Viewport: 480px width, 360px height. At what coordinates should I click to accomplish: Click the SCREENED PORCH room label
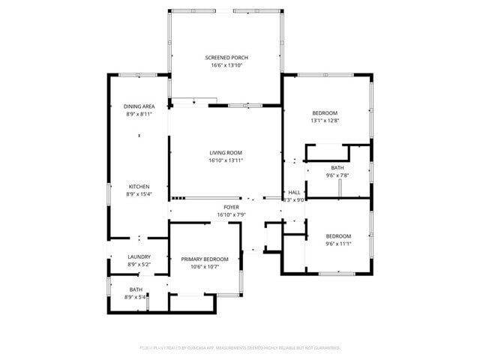coord(226,58)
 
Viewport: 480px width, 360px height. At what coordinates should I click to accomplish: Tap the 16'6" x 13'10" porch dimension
coord(226,65)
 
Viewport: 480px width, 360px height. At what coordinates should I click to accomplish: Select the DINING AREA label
coord(139,106)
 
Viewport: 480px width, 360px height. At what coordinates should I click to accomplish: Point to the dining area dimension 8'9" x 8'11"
coord(139,114)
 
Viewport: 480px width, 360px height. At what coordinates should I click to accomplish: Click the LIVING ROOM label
coord(226,152)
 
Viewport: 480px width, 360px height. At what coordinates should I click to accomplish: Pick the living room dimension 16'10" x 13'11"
coord(226,160)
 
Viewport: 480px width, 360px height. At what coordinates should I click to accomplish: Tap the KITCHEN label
coord(139,187)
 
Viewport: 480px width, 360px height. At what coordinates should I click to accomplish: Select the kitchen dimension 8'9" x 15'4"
coord(139,194)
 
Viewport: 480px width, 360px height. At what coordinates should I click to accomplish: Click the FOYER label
coord(231,207)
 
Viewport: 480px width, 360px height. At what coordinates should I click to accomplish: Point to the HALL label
coord(294,192)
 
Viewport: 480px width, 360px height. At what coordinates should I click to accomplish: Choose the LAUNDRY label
coord(139,256)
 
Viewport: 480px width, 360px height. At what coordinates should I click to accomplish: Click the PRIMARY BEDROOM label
coord(204,259)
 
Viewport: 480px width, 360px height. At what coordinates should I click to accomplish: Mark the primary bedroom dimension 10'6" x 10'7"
coord(204,267)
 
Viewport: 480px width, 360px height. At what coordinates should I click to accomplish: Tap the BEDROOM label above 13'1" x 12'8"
coord(325,113)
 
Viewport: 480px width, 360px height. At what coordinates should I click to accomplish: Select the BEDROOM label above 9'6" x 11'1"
coord(338,235)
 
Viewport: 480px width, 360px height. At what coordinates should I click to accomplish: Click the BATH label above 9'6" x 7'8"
coord(337,168)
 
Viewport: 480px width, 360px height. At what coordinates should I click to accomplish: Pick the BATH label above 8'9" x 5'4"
coord(136,289)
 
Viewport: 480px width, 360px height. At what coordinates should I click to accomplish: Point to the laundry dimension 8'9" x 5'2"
coord(139,264)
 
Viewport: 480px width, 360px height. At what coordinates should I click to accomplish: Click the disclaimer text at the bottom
coord(240,348)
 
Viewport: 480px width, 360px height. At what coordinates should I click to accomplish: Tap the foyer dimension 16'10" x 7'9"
coord(231,214)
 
